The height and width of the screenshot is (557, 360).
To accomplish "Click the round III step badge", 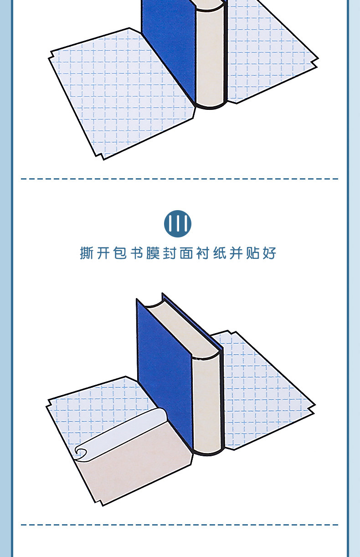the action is pyautogui.click(x=178, y=224).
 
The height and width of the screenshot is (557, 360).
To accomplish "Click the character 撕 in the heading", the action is pyautogui.click(x=87, y=253).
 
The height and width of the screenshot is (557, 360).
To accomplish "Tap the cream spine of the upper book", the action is pyautogui.click(x=210, y=55).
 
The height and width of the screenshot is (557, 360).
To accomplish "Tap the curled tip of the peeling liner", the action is pyautogui.click(x=82, y=452).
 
